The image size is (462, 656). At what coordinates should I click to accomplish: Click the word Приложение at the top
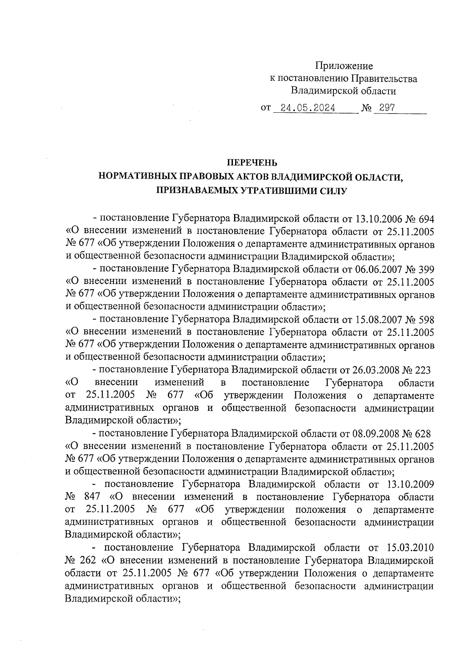tap(344, 66)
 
